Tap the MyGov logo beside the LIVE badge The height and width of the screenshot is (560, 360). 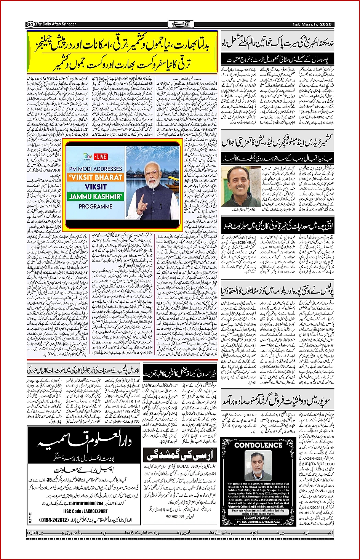88,156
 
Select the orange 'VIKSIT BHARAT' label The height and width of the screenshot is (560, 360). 96,177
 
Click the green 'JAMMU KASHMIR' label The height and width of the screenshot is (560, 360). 96,197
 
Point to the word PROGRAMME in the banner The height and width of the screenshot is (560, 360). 96,206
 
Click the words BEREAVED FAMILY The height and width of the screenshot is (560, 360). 258,518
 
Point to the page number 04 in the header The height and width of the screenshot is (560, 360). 30,24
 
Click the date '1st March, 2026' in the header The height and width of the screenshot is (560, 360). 312,24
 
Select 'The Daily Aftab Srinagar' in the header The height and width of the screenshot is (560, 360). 56,24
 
